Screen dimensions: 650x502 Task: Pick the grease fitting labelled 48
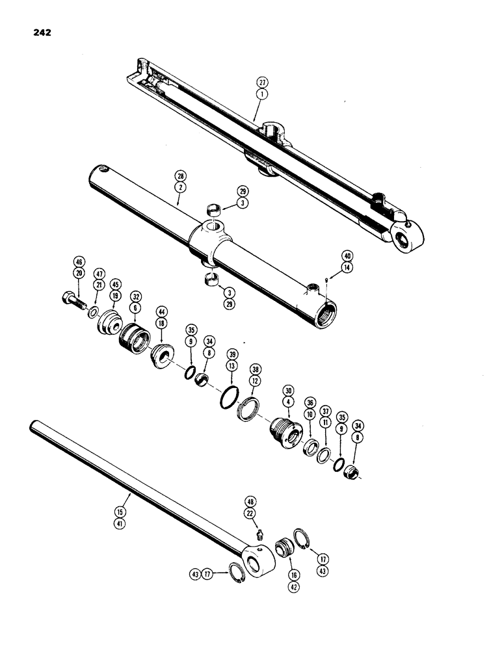(257, 534)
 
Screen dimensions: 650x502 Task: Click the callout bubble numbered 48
(251, 502)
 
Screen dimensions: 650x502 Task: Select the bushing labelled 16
(284, 545)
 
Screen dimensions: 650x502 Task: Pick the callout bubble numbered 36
(310, 404)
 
